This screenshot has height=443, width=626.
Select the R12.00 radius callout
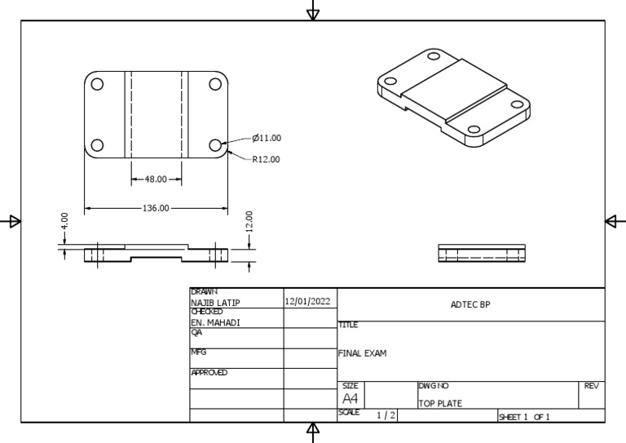(266, 159)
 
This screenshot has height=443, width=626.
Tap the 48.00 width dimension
(156, 179)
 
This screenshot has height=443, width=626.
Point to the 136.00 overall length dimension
(155, 208)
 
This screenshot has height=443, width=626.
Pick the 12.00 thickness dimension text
(249, 221)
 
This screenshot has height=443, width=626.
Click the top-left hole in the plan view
(97, 84)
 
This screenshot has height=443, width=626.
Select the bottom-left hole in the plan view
(97, 145)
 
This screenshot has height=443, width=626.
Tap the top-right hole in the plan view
(216, 84)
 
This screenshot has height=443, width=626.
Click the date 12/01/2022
(308, 301)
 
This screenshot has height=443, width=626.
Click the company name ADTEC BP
(470, 305)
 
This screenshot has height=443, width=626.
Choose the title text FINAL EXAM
(362, 354)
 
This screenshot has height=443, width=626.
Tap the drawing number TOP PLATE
(440, 403)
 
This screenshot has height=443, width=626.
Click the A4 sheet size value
(350, 399)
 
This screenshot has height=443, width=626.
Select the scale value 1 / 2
(386, 416)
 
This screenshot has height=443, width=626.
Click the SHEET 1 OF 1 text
(524, 417)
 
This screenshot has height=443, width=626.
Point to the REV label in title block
(592, 385)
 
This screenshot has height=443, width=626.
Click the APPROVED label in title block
(209, 373)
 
